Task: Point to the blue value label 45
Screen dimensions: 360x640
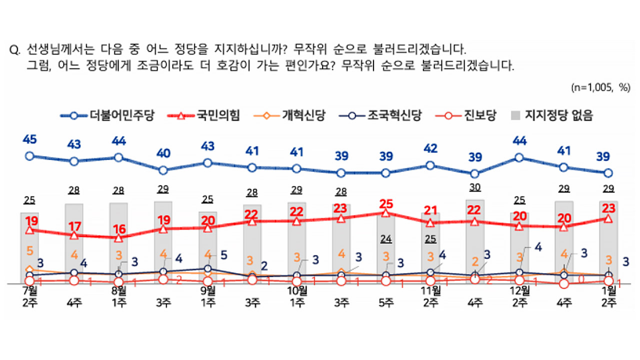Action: [x=29, y=140]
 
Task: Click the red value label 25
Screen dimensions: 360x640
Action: [x=385, y=203]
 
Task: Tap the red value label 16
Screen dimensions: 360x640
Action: [x=118, y=229]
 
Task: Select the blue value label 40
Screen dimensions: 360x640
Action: [x=163, y=153]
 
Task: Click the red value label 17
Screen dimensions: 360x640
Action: [x=74, y=225]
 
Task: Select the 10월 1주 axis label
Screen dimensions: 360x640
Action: [x=296, y=296]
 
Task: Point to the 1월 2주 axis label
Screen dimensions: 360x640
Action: [x=608, y=296]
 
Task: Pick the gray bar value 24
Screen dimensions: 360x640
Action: [x=385, y=238]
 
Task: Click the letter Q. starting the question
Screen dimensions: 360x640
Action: [x=15, y=50]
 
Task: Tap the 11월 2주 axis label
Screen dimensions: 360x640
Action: [x=430, y=296]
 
